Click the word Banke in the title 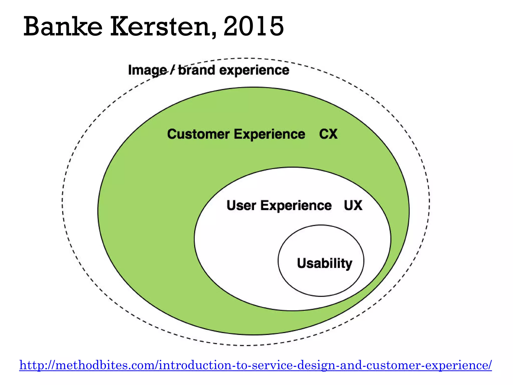coord(63,26)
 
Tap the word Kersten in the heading coord(160,26)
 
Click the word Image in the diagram coord(147,70)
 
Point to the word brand coord(197,70)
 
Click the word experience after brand coord(254,70)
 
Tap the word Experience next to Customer coord(270,134)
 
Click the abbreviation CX coord(328,134)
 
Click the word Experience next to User coord(296,206)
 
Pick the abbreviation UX coord(353,206)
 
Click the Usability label coord(325,263)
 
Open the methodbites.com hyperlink coord(255,365)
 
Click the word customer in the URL coord(395,365)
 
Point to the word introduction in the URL coord(195,365)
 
